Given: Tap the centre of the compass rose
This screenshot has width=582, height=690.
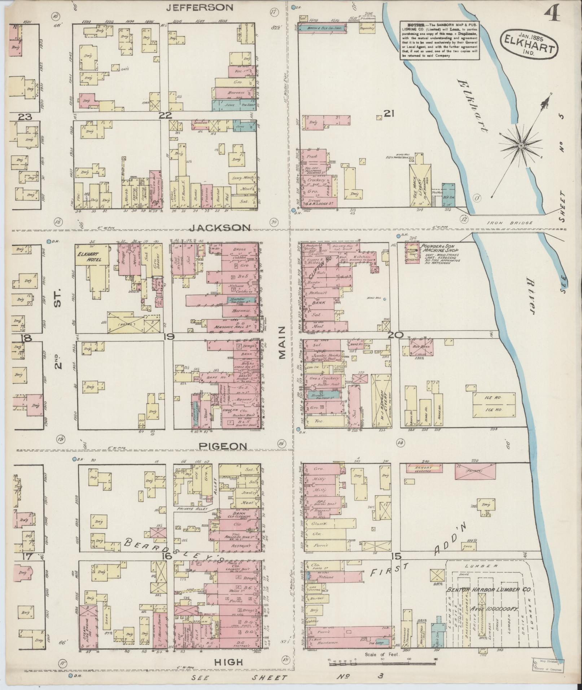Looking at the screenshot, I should tap(521, 145).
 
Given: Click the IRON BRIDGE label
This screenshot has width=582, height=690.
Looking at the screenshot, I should tap(515, 223).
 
